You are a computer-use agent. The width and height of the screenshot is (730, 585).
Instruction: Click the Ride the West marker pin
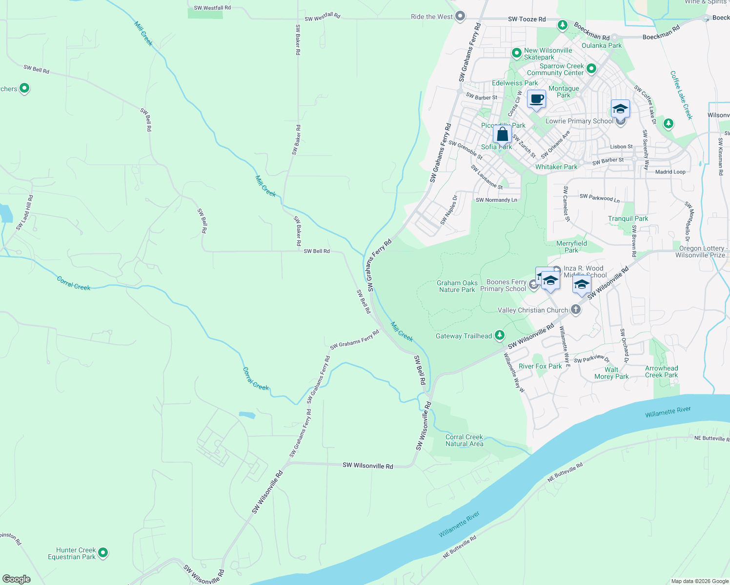point(460,17)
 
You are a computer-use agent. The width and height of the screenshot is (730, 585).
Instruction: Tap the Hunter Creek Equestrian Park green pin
point(102,553)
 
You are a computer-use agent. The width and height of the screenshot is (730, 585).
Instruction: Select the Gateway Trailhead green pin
point(499,335)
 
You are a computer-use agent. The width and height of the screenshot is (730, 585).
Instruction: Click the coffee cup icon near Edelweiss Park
point(536,99)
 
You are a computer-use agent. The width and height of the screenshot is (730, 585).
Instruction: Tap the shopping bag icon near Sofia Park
point(502,134)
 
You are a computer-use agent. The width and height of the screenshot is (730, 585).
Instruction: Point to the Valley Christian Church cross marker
point(576,310)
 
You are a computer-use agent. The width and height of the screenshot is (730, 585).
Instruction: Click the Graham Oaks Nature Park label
point(457,286)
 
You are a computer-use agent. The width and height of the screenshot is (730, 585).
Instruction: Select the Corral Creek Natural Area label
point(464,440)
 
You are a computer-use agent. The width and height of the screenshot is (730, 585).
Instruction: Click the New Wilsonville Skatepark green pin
point(516,53)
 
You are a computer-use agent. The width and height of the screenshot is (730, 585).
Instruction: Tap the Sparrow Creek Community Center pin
point(591,69)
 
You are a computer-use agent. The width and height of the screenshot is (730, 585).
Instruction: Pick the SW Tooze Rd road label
point(527,19)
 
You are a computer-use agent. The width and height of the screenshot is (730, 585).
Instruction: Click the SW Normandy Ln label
point(496,200)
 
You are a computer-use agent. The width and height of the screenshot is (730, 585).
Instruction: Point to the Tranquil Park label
point(628,218)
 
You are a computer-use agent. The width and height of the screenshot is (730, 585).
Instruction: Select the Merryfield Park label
point(571,247)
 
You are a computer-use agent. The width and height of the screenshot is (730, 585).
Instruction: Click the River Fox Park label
point(540,366)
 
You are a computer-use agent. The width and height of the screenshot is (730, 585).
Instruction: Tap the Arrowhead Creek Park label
point(661,371)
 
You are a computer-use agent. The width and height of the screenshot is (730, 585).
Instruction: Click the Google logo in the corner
point(17,579)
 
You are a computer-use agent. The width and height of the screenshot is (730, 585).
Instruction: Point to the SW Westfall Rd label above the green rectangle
point(212,8)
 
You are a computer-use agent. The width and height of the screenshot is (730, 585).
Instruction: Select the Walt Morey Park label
point(611,373)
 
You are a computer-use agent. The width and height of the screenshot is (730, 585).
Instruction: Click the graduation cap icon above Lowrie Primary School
point(620,109)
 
